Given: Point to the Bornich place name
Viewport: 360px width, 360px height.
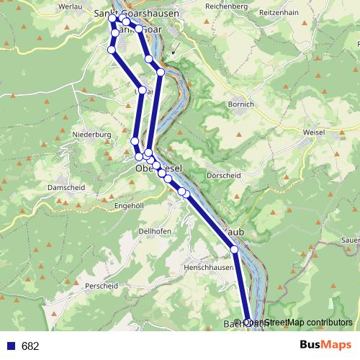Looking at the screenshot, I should (240, 104).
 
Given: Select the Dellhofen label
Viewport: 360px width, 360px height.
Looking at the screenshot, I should (154, 230).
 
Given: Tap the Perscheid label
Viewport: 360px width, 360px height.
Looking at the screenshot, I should (101, 286).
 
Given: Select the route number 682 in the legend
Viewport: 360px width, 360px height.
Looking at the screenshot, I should (30, 346).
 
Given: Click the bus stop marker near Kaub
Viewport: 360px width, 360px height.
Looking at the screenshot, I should (234, 249).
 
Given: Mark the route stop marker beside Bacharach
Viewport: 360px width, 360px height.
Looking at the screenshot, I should (248, 322).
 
